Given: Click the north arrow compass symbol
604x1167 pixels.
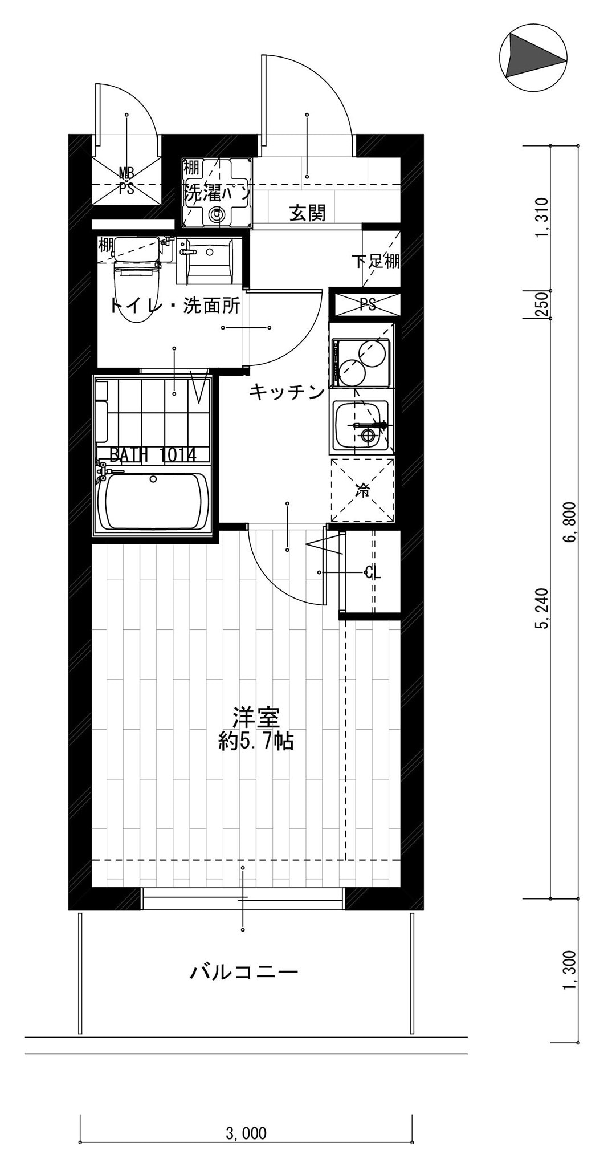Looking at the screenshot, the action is [x=533, y=55].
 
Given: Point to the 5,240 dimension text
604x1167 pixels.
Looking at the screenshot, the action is [x=542, y=608].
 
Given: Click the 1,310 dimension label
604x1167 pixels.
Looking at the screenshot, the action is [x=542, y=217].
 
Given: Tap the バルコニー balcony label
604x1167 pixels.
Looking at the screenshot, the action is [x=244, y=971].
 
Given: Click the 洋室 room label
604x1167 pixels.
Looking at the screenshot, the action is [x=256, y=718].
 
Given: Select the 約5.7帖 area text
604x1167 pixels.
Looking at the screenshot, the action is [x=256, y=741].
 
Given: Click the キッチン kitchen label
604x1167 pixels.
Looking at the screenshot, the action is [x=287, y=392].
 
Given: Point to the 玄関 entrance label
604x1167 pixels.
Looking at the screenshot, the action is [x=308, y=213].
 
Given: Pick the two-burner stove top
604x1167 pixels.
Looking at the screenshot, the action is [x=361, y=361].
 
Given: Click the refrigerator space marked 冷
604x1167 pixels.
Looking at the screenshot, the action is [x=362, y=490].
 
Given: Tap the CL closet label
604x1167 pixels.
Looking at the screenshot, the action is [x=372, y=572].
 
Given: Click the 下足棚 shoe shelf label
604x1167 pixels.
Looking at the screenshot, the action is [x=376, y=261].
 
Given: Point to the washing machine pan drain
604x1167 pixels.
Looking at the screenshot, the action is [x=216, y=214].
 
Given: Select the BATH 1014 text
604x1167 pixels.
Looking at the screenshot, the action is [x=153, y=455].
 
